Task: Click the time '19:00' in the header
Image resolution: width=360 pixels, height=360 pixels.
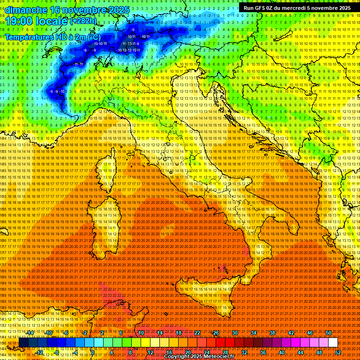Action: click(x=20, y=21)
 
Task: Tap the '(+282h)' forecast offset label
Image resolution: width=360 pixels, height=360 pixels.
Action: click(x=83, y=21)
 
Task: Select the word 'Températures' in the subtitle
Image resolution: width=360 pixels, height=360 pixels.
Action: click(x=28, y=37)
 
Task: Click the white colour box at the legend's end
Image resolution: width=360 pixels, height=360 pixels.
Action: click(x=332, y=343)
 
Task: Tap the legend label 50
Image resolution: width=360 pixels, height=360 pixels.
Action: click(x=328, y=333)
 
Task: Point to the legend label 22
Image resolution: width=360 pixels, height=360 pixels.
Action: click(x=197, y=333)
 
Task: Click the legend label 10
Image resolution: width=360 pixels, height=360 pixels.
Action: click(x=141, y=333)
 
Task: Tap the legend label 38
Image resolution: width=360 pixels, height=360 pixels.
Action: click(x=272, y=333)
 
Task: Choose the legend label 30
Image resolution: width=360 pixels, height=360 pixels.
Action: click(x=235, y=333)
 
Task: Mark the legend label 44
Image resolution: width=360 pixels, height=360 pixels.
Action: click(x=300, y=352)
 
